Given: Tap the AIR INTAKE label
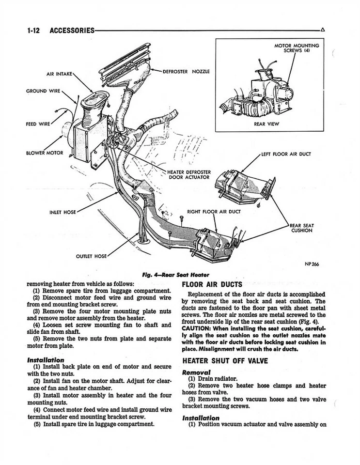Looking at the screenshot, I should [x=59, y=74].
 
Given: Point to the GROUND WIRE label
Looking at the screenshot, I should [x=43, y=91].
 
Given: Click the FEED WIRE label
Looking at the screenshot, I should [x=38, y=123].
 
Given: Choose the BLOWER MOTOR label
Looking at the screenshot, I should [x=45, y=153].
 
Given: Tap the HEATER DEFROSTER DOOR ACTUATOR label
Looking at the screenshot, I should [x=188, y=174].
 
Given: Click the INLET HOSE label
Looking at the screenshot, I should [x=63, y=212].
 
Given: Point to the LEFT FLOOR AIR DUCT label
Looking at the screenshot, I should [x=286, y=155].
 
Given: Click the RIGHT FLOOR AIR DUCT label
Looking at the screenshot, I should [x=214, y=212].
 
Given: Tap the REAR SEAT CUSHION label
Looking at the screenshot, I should [x=301, y=228].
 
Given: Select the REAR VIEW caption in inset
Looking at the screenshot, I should [x=266, y=124].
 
